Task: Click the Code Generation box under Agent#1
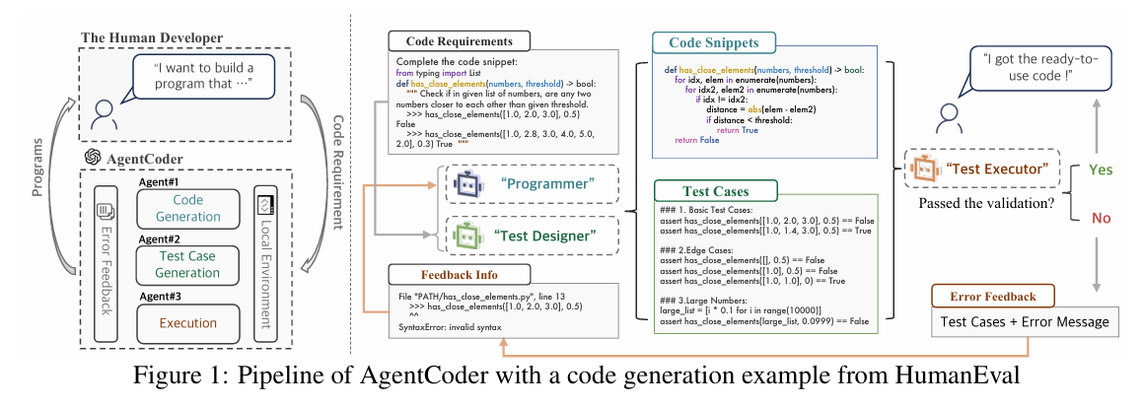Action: coord(187,209)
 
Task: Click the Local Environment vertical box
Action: coord(267,262)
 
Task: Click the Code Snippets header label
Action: coord(713,43)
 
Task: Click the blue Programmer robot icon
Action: coord(463,183)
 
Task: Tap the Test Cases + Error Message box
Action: coord(1026,322)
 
